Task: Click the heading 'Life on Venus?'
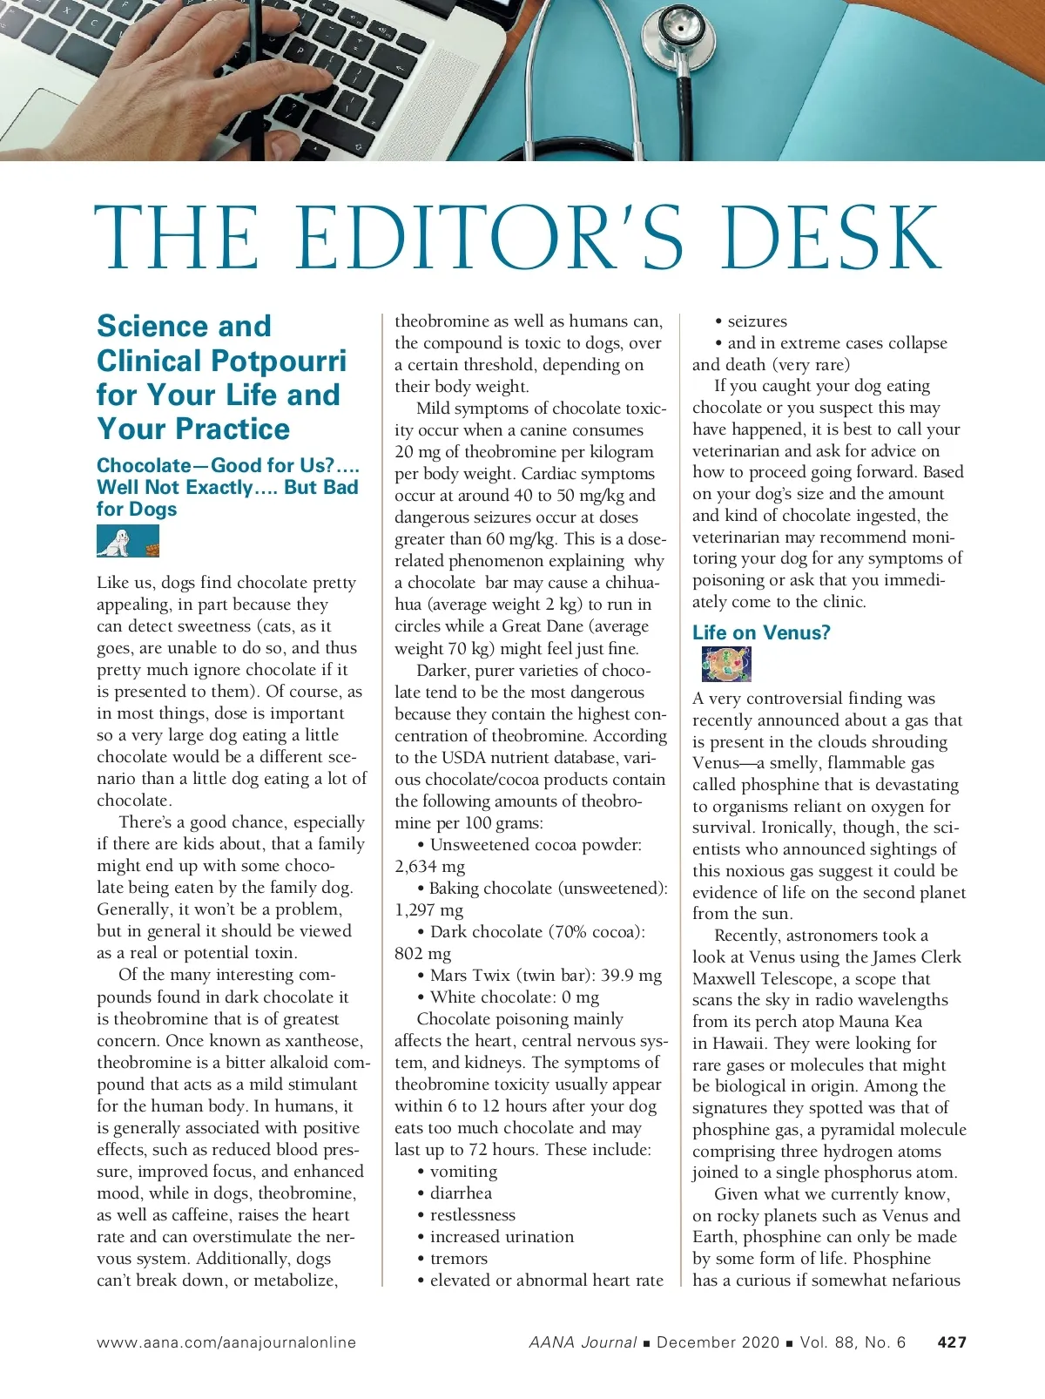pyautogui.click(x=761, y=632)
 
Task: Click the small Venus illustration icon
pyautogui.click(x=725, y=665)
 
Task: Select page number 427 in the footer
pyautogui.click(x=952, y=1342)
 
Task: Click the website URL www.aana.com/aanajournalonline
pyautogui.click(x=226, y=1342)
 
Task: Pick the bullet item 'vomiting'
pyautogui.click(x=463, y=1172)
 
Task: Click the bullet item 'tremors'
pyautogui.click(x=458, y=1259)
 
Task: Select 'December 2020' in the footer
pyautogui.click(x=718, y=1342)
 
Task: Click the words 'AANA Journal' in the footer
pyautogui.click(x=583, y=1342)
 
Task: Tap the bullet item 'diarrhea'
pyautogui.click(x=461, y=1193)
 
